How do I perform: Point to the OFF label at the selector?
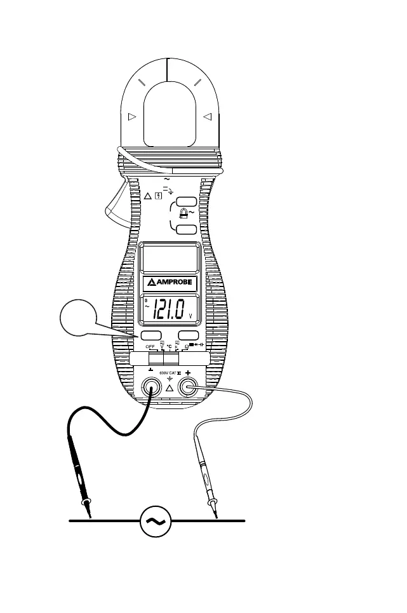point(150,346)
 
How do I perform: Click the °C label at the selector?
point(170,346)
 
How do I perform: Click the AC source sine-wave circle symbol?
point(154,521)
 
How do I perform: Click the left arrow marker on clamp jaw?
point(132,117)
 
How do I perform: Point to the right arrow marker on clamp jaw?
point(207,117)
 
